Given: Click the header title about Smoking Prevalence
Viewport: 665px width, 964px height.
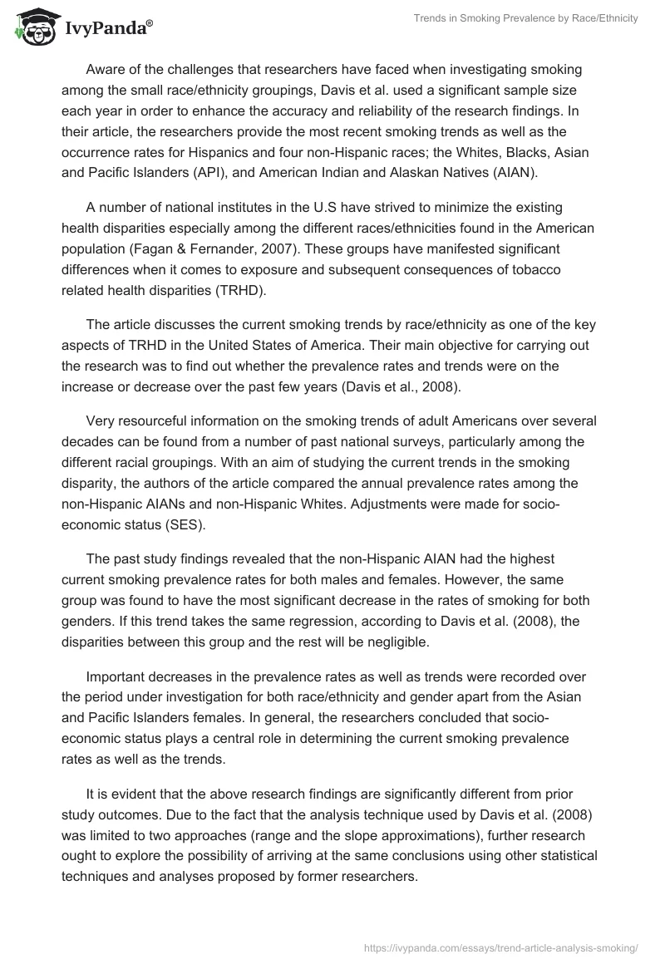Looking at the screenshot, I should coord(525,18).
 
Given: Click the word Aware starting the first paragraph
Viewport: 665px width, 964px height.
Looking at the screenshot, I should coord(106,69).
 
